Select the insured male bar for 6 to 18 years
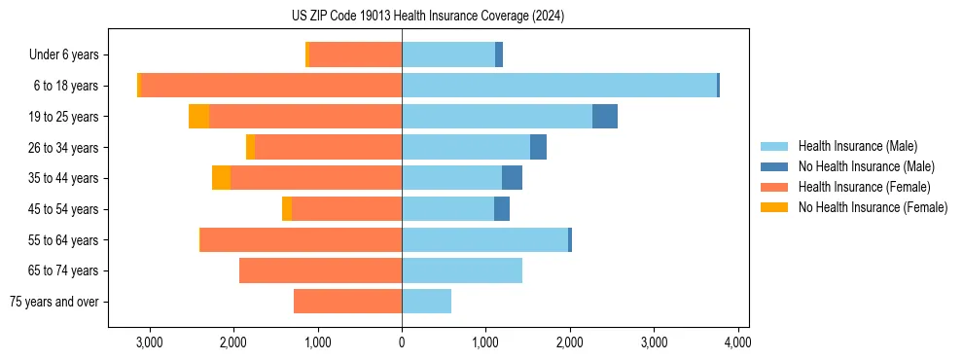(x=559, y=86)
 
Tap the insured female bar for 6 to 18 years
(x=271, y=86)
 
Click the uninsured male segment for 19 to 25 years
(x=605, y=117)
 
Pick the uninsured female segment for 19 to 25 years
(x=198, y=117)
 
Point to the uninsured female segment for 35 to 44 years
(x=221, y=178)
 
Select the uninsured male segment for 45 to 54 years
(x=502, y=209)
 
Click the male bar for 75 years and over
(x=426, y=302)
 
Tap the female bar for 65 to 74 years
(x=320, y=270)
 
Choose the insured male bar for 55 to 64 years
(x=484, y=240)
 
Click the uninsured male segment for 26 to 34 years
(x=538, y=148)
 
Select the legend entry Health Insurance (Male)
(x=857, y=146)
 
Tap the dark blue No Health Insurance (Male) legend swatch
(x=774, y=166)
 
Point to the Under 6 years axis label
(x=70, y=55)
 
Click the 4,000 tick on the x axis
(x=737, y=342)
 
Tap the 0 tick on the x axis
(x=402, y=342)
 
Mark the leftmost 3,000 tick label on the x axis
(x=150, y=342)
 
